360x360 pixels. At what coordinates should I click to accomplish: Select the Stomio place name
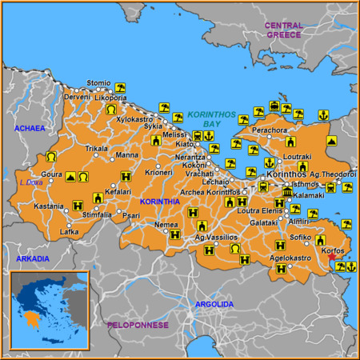pos(98,83)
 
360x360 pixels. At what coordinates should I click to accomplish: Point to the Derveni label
pos(78,97)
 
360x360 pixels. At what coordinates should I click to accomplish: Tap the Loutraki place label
pos(298,157)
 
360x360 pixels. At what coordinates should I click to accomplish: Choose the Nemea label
pos(166,225)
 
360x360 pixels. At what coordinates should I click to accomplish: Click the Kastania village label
pos(48,206)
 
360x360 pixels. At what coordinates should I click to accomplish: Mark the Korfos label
pos(332,251)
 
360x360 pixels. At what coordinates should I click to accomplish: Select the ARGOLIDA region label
pos(215,305)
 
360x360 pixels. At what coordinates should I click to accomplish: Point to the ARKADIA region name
pos(32,258)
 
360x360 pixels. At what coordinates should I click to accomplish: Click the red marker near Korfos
pos(334,259)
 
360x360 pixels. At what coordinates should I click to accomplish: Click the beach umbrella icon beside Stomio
pos(120,87)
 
